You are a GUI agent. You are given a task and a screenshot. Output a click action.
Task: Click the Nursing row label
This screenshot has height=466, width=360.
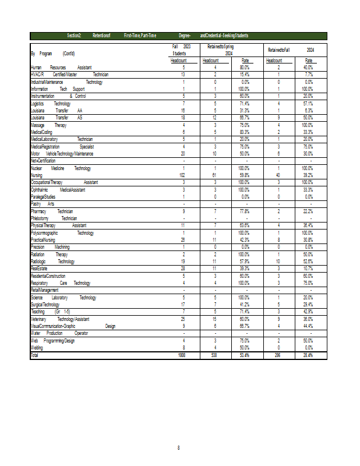[36, 175]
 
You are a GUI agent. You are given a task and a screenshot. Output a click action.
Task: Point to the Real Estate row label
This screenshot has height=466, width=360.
[39, 268]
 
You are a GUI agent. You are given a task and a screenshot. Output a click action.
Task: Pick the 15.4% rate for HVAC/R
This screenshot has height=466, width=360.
[245, 75]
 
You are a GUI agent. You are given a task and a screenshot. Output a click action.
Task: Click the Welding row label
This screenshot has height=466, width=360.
[37, 347]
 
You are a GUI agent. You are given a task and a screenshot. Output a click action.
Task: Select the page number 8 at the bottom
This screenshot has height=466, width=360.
[179, 447]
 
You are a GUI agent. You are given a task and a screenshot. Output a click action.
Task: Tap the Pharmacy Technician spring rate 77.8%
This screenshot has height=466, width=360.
[245, 211]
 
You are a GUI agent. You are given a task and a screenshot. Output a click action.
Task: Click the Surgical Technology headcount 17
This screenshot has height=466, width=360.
[183, 304]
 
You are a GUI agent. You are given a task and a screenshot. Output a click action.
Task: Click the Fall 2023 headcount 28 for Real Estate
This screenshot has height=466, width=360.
[183, 268]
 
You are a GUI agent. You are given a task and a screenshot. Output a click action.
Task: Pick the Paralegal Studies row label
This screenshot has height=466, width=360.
[43, 196]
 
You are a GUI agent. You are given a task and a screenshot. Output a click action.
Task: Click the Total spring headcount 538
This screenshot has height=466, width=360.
[214, 355]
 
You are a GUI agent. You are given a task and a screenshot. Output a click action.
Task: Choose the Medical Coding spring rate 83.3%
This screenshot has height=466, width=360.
[245, 132]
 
